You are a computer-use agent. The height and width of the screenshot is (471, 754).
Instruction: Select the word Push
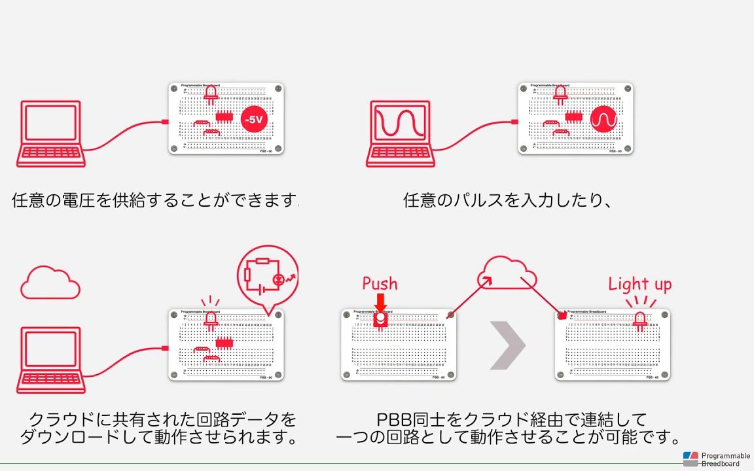tap(380, 283)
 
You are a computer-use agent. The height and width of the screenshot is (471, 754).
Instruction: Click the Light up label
tap(639, 284)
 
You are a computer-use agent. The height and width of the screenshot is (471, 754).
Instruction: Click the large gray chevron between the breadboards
tap(507, 345)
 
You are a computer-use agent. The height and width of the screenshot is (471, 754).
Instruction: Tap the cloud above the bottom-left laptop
tap(50, 282)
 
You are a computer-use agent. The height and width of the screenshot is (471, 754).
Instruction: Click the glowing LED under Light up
tap(639, 320)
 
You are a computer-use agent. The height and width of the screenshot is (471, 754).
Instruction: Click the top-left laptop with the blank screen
tap(51, 133)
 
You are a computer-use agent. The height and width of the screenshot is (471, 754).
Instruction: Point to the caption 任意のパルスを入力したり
tap(507, 200)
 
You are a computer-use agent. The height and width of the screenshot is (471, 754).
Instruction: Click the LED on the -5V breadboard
tap(211, 96)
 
